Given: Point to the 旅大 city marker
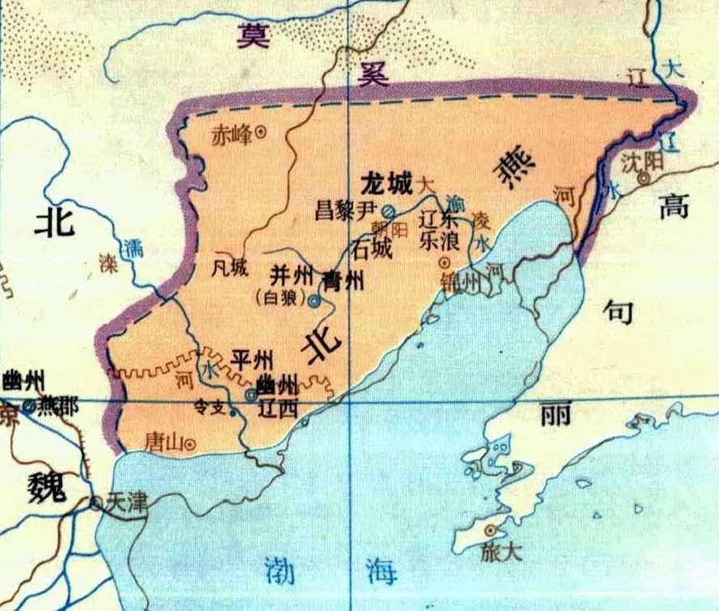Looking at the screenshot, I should [490, 530].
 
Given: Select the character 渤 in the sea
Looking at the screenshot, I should [283, 571].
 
